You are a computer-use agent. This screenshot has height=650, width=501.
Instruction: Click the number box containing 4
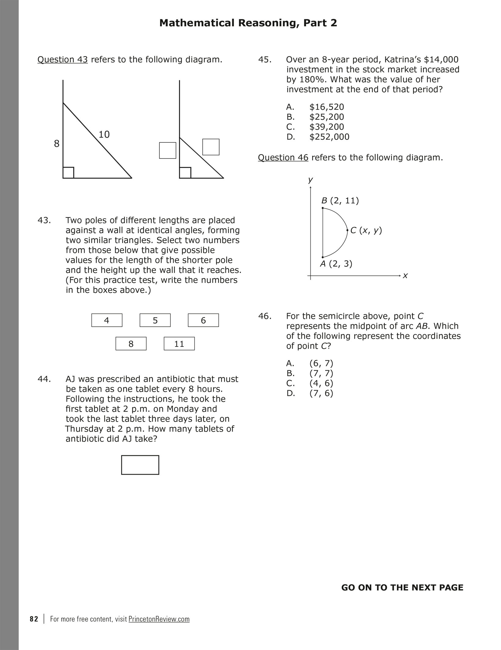coord(107,320)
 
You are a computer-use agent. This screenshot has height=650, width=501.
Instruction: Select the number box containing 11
coord(179,344)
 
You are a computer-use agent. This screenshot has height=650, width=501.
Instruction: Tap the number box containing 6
coord(203,320)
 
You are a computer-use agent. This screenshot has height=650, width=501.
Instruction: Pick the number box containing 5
coord(155,320)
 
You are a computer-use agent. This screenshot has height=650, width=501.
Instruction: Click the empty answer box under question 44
coord(140,465)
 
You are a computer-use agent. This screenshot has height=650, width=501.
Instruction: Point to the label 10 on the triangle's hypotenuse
coord(104,134)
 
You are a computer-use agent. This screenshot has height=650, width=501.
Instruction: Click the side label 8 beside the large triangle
coord(57,143)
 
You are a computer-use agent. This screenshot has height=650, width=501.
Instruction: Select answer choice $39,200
coord(327,127)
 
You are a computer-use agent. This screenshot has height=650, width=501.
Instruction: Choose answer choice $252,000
coord(329,137)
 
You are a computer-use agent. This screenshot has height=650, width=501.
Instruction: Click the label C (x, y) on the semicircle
coord(366,230)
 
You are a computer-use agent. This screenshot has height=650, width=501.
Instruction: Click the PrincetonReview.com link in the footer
coord(159,619)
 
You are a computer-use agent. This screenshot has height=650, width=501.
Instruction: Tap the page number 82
coord(34,619)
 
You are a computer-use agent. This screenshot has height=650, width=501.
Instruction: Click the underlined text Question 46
coord(283,158)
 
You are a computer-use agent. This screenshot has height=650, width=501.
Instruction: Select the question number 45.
coord(265,60)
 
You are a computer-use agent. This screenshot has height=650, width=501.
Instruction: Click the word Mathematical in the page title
coord(197,23)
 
